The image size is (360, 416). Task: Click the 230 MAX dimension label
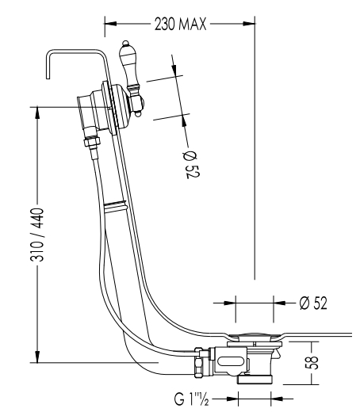tap(180, 24)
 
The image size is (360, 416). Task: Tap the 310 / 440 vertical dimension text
tap(37, 235)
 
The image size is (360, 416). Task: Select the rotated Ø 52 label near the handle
tap(191, 165)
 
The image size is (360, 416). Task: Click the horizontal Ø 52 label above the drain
tap(313, 303)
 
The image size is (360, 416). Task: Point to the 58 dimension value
tap(312, 362)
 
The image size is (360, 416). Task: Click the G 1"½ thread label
tap(191, 399)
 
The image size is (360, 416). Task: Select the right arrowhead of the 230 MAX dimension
tap(249, 24)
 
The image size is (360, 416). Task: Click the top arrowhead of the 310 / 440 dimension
tap(37, 113)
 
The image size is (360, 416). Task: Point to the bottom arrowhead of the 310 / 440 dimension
tap(37, 356)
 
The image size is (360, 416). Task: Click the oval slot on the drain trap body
tap(230, 361)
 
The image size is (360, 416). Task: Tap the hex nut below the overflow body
tap(92, 141)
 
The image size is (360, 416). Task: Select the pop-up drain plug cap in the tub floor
tap(255, 336)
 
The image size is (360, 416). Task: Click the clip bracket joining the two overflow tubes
tap(116, 206)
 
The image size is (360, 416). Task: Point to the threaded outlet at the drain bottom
tap(255, 380)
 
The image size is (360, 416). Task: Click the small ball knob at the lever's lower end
tap(138, 114)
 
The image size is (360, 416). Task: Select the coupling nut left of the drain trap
tap(198, 362)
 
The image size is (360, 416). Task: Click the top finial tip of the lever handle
tap(125, 43)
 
